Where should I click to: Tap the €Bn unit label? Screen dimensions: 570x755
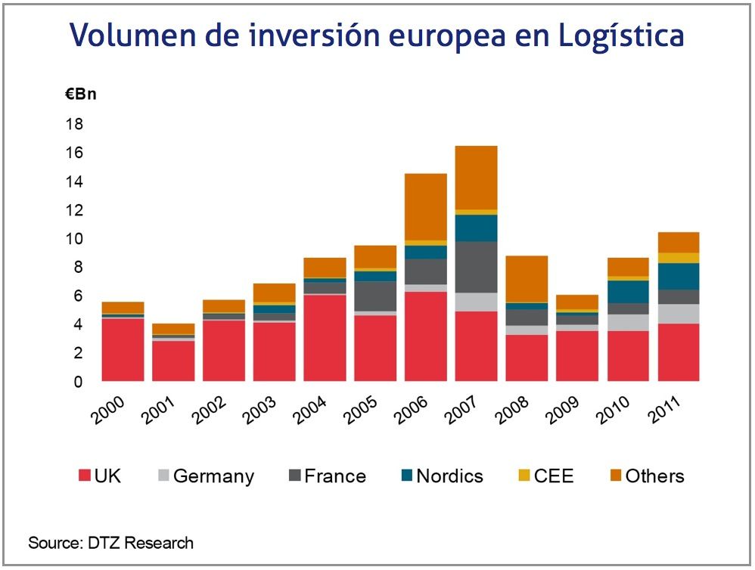point(81,95)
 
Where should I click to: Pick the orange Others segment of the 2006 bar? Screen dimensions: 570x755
point(426,207)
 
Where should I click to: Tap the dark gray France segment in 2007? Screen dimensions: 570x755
point(477,267)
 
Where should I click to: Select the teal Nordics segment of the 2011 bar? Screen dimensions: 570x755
point(679,276)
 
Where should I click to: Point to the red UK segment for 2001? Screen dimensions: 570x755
point(173,361)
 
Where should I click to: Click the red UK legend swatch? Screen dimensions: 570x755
point(85,476)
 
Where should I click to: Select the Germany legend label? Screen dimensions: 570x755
point(213,476)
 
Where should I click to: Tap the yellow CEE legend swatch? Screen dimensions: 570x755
point(523,476)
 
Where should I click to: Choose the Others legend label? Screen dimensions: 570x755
point(654,476)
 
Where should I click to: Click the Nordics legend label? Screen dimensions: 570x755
point(449,476)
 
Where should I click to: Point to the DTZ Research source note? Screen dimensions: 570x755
point(111,543)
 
